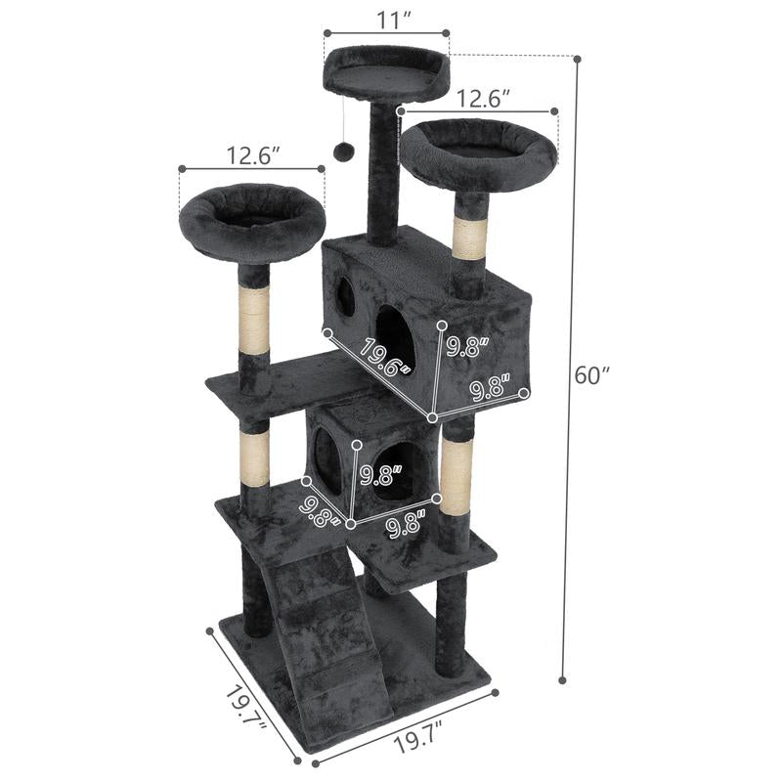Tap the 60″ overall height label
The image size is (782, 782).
point(591,374)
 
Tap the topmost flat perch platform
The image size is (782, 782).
point(386,73)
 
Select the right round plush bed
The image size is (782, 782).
point(478,152)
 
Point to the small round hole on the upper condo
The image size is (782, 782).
point(346,296)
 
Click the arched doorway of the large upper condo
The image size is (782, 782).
point(394,337)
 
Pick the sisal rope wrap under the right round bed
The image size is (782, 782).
point(470,239)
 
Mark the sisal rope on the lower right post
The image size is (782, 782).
point(456,472)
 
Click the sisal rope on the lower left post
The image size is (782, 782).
point(255,460)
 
